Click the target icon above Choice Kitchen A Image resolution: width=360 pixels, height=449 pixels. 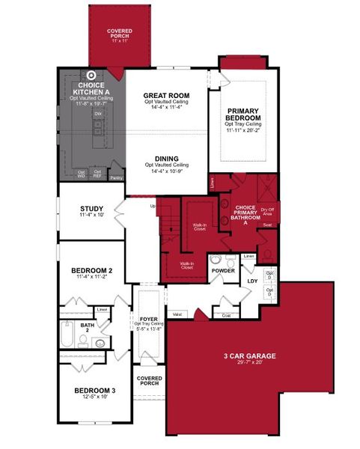coord(91,75)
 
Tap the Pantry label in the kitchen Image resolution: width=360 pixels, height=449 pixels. coord(116,178)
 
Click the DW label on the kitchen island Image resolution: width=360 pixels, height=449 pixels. coord(97,114)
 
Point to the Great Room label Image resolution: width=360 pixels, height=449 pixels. coord(166,95)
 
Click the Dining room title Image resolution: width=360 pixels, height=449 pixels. coord(166,158)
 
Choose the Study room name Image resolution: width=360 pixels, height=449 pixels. coord(91,209)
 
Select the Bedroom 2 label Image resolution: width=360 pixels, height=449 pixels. coord(91,270)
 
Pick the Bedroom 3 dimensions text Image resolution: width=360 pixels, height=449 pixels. coord(94,397)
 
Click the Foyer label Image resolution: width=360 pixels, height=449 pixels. coord(148,320)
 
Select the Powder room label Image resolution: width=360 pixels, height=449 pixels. coord(224,270)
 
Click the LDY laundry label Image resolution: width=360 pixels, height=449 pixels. coord(252,281)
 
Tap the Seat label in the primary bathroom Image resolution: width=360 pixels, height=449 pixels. coord(267,224)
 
